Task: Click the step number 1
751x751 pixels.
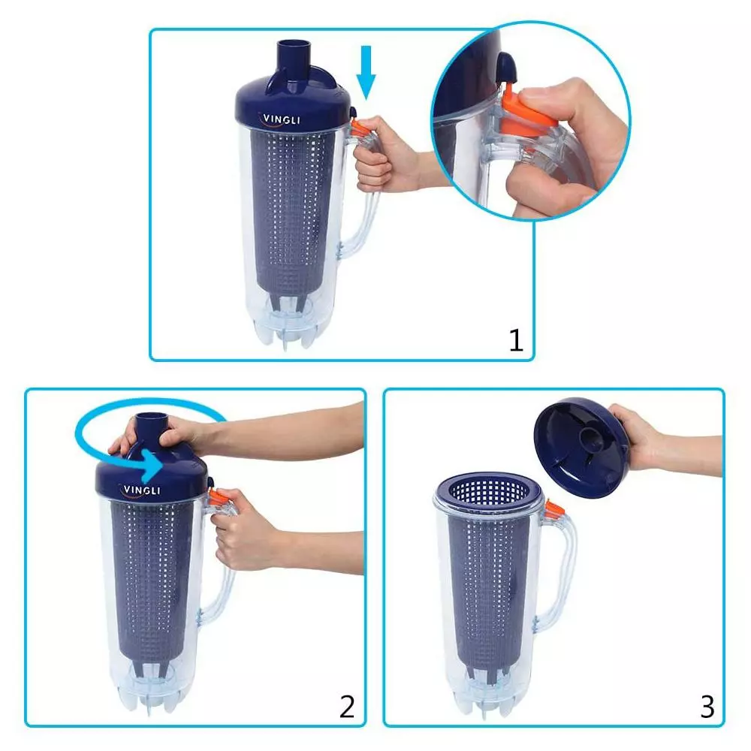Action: tap(516, 340)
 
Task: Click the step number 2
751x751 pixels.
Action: tap(347, 706)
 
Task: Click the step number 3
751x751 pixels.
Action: tap(707, 706)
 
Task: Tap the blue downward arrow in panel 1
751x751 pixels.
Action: tap(366, 72)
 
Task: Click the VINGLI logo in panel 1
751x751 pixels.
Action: tap(282, 119)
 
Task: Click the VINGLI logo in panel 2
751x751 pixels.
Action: tap(140, 490)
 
